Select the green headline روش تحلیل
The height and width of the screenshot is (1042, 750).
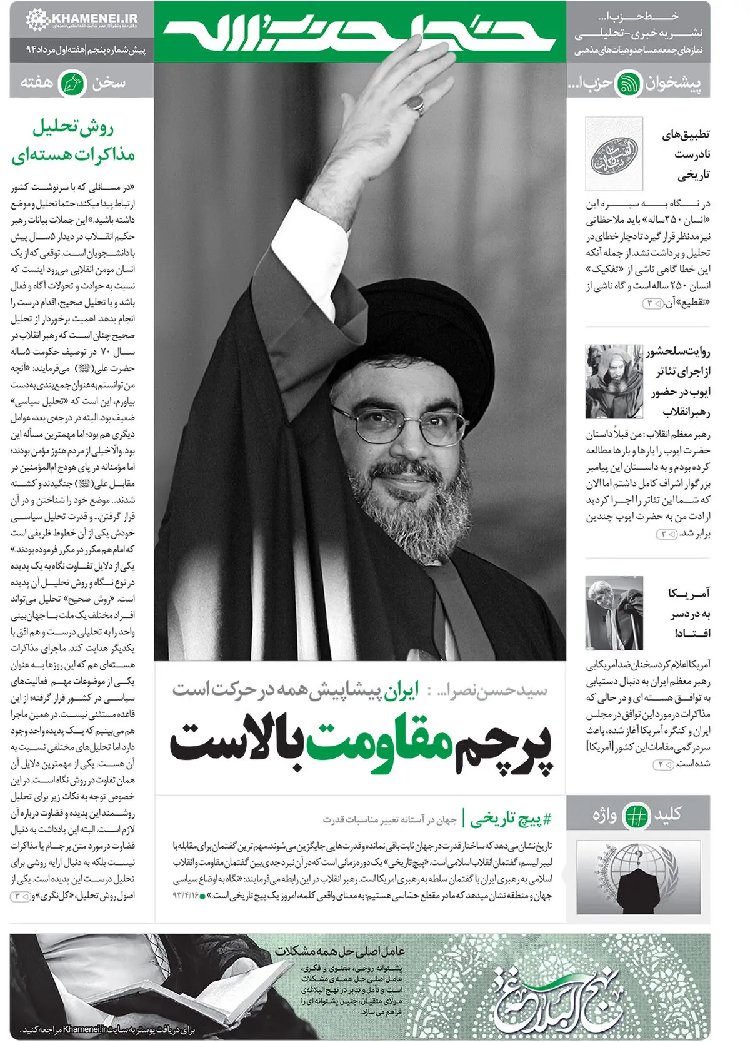click(x=73, y=128)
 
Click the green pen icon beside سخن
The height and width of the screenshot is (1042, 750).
click(x=72, y=84)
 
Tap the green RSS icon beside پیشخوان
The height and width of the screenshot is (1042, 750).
click(x=627, y=84)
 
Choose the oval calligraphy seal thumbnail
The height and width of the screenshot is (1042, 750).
click(x=614, y=154)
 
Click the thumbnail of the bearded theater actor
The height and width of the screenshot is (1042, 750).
click(x=614, y=382)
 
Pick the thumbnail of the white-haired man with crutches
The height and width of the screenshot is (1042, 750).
click(x=614, y=613)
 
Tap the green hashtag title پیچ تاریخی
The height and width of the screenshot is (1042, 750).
click(x=510, y=819)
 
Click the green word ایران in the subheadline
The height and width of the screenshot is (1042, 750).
click(x=399, y=690)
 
